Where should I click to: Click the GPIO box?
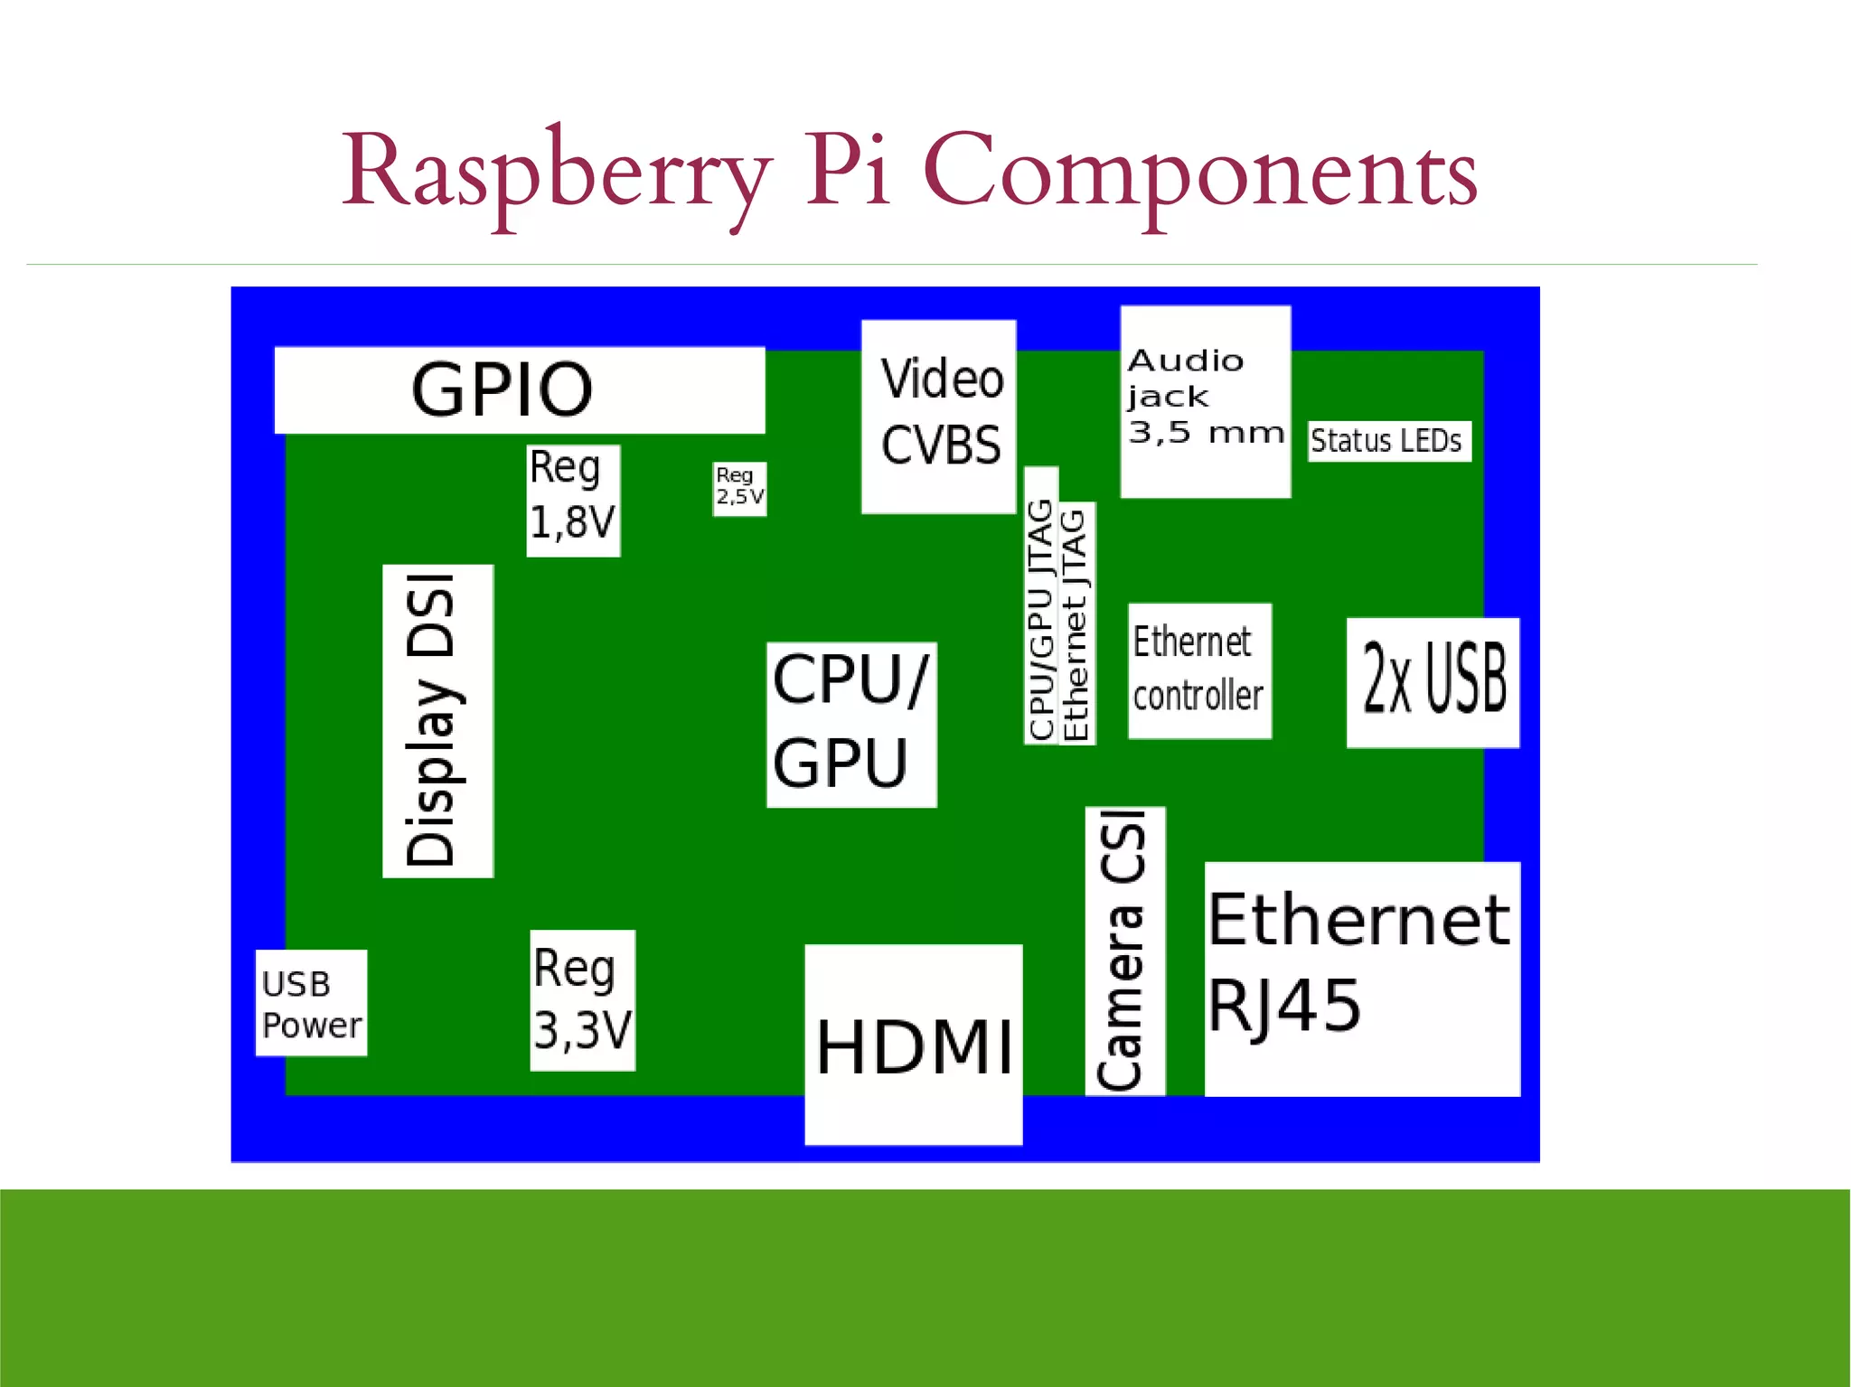(x=520, y=389)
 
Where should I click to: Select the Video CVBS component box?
(x=938, y=417)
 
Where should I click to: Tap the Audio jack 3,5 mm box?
(x=1205, y=401)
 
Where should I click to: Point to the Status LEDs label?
(x=1388, y=441)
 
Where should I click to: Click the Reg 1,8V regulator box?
(x=573, y=501)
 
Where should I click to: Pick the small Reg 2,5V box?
(x=739, y=488)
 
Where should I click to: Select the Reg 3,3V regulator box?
(x=582, y=1000)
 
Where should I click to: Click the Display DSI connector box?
(x=437, y=720)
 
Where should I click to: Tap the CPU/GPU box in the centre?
(x=850, y=724)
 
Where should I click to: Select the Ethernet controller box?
(x=1199, y=670)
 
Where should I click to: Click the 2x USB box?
(x=1433, y=682)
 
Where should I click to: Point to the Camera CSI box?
(x=1124, y=951)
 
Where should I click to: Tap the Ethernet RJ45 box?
(x=1361, y=978)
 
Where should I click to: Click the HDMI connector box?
(x=913, y=1044)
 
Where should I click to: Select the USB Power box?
(x=311, y=1003)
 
